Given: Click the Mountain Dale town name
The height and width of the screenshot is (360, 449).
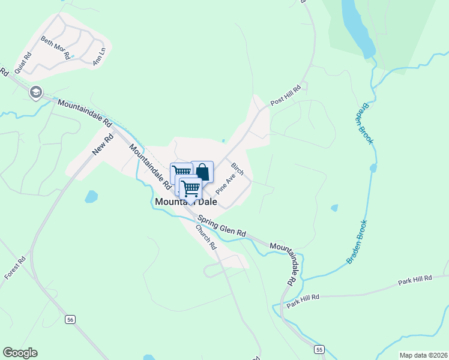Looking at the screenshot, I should tap(187, 202).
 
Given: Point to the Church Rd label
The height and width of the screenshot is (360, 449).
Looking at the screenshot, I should tap(205, 237).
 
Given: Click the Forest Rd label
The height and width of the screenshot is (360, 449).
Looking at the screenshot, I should tap(16, 267).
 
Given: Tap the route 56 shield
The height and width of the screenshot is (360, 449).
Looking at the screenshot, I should tap(70, 320).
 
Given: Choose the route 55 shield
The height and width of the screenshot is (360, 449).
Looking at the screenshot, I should tap(319, 349).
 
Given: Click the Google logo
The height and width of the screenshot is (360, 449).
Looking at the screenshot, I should tap(20, 353).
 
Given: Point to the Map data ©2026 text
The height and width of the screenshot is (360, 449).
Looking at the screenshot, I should tap(423, 355).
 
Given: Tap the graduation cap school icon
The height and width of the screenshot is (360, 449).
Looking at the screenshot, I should tap(36, 92).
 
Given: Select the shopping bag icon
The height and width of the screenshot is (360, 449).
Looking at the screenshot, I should tap(202, 172).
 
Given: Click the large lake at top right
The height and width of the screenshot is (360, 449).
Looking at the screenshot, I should tap(355, 27).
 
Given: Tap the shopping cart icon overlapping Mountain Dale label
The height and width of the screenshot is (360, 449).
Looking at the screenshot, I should tap(190, 188).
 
